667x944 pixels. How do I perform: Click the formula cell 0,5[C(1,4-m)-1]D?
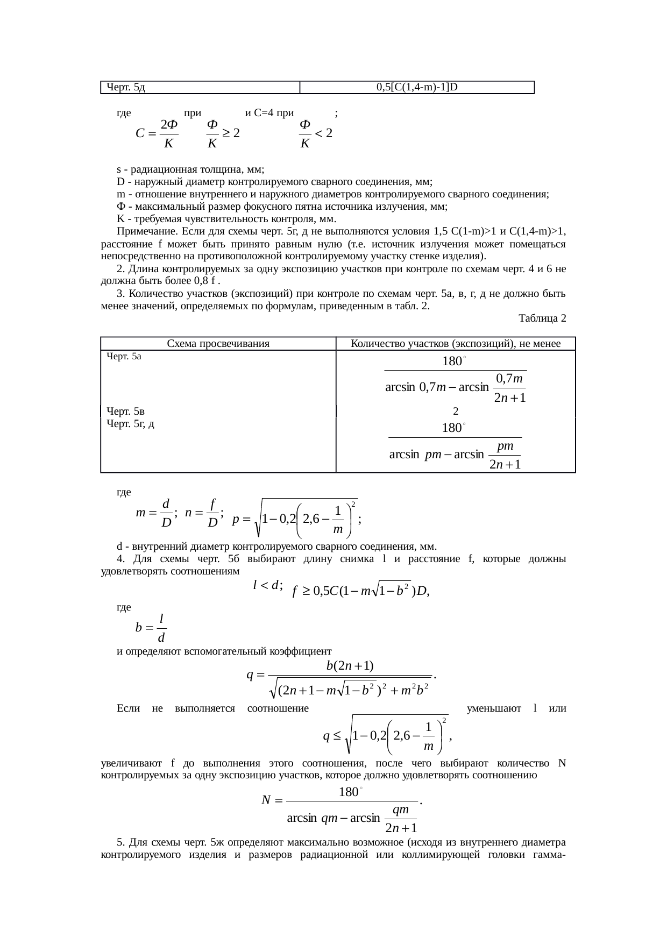pos(417,87)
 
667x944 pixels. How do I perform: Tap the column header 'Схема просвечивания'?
pos(218,344)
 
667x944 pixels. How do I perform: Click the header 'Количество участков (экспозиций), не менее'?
pos(456,344)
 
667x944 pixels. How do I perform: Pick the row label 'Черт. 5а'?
pos(124,356)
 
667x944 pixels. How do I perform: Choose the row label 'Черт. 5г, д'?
pos(131,424)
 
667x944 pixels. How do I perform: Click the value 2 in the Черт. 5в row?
pos(456,411)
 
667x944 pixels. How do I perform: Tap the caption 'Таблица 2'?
pos(542,318)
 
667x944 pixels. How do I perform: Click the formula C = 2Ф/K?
pos(157,133)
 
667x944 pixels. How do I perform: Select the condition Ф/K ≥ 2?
pos(222,133)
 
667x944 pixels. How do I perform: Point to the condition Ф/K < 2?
pos(315,133)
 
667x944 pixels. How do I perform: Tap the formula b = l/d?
pos(151,628)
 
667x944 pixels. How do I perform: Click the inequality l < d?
pos(267,585)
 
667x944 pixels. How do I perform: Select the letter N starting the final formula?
pos(266,800)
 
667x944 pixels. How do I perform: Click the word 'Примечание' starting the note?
pos(140,232)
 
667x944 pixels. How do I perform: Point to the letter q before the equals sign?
pos(250,675)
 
